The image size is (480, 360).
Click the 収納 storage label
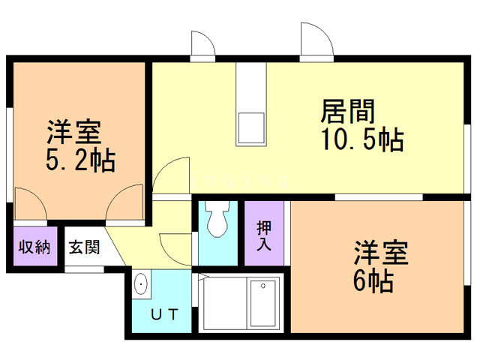coord(34,247)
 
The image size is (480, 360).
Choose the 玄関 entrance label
coord(84,247)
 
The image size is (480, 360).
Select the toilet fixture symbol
coord(218,220)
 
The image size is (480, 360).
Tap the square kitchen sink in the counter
coord(251,128)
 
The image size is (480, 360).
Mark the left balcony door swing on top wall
coord(202,45)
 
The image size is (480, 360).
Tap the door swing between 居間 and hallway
coord(172,176)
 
